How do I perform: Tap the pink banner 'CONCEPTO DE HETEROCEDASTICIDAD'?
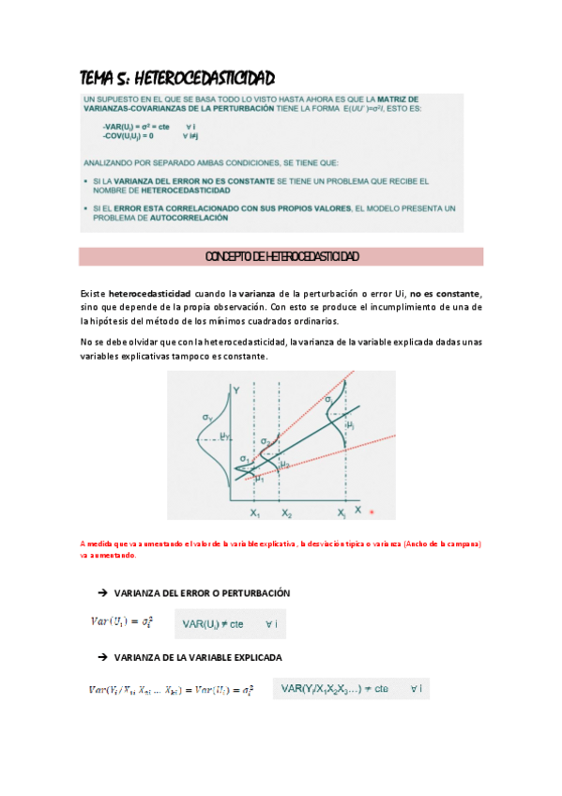(281, 256)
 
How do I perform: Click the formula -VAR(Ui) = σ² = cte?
(136, 125)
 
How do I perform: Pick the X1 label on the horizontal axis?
(254, 514)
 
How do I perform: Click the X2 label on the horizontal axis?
(285, 514)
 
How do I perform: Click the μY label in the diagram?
(224, 436)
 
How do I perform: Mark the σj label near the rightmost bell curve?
(329, 401)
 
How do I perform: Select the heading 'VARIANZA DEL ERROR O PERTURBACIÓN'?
(201, 593)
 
